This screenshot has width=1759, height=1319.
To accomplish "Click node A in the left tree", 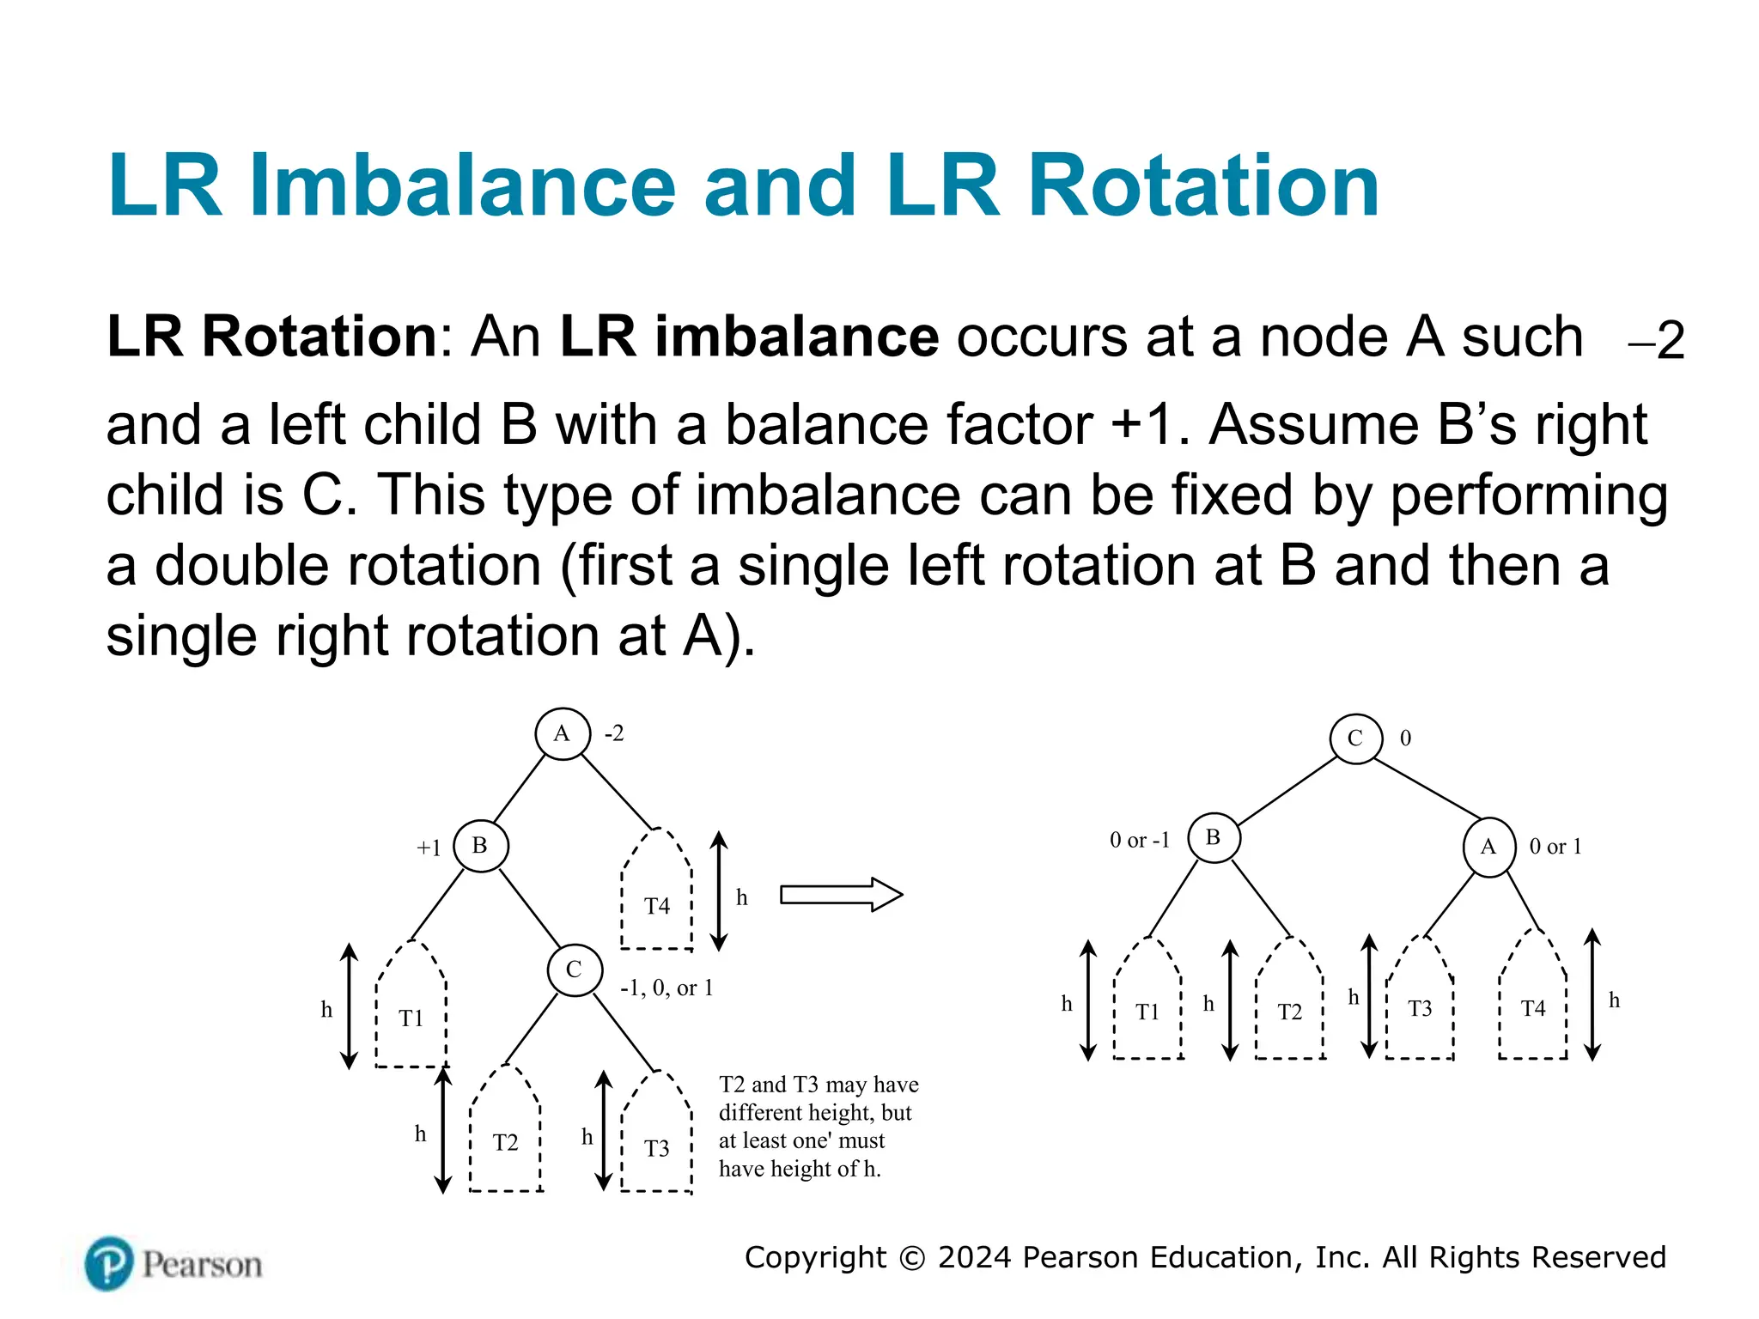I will tap(563, 734).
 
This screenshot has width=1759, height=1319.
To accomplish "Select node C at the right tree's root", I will tap(1355, 739).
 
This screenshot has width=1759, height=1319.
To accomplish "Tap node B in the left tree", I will tap(480, 846).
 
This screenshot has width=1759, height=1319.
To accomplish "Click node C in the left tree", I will tap(575, 969).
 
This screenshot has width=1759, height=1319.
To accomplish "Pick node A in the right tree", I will tap(1488, 847).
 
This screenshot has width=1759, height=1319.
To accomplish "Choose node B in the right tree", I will tap(1214, 837).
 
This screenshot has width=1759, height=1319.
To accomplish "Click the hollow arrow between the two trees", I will tap(840, 895).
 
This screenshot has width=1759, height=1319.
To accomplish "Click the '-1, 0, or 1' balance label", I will tap(666, 988).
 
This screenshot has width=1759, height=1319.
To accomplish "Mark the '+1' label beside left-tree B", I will tap(429, 848).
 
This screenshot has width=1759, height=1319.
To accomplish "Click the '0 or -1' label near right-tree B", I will tap(1139, 840).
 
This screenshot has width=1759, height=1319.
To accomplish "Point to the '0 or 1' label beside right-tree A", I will tap(1555, 847).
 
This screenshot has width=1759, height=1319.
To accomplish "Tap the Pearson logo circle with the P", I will tap(109, 1264).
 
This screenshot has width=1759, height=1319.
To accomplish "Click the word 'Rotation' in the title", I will tap(1202, 185).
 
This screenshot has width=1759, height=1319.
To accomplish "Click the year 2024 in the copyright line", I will tap(974, 1257).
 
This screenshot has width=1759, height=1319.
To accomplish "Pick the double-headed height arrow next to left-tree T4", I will tap(720, 890).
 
